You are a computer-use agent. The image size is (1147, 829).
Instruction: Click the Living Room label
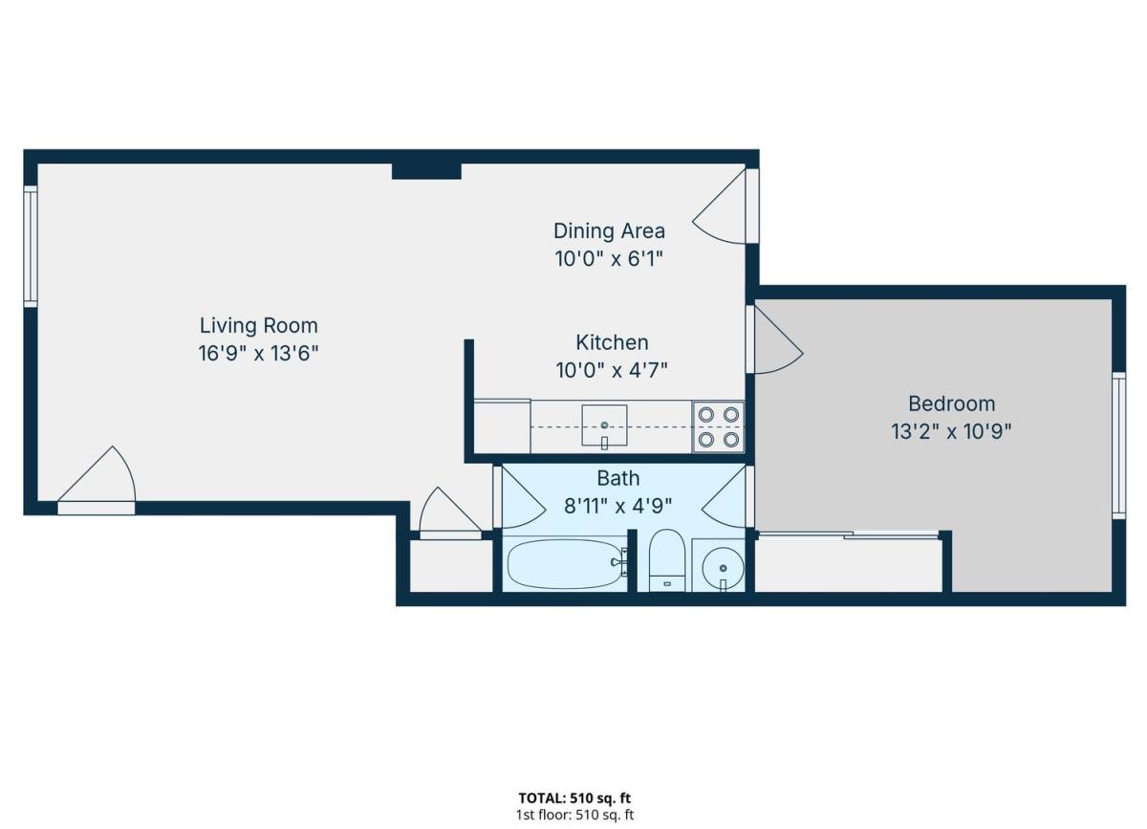coord(259,326)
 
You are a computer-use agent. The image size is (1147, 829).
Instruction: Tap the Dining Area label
coord(610,231)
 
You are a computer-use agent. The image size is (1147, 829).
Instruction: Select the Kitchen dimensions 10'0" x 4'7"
coord(612,370)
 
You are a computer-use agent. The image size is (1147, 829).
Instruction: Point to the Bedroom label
coord(952,404)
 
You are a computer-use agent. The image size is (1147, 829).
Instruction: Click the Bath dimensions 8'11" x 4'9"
coord(618,506)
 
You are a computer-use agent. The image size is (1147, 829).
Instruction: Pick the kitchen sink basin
coord(604,425)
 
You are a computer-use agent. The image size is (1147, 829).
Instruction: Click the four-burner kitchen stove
coord(719,426)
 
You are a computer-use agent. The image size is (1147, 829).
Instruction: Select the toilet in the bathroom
coord(667,560)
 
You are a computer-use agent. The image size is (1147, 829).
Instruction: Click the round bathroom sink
coord(723,568)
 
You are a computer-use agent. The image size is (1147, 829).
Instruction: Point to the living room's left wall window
coord(31,247)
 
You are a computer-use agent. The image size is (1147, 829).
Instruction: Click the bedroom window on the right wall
coord(1119,446)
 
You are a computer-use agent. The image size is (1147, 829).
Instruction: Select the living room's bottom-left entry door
coord(97,481)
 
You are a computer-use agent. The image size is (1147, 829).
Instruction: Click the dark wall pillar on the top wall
coord(426,171)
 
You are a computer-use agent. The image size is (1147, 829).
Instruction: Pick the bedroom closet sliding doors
coord(849,535)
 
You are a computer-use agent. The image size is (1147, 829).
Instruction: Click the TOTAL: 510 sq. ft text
coord(574,797)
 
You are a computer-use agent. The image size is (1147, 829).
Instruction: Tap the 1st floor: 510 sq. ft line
coord(574,815)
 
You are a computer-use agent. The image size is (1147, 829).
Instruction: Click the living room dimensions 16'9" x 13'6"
coord(259,354)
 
